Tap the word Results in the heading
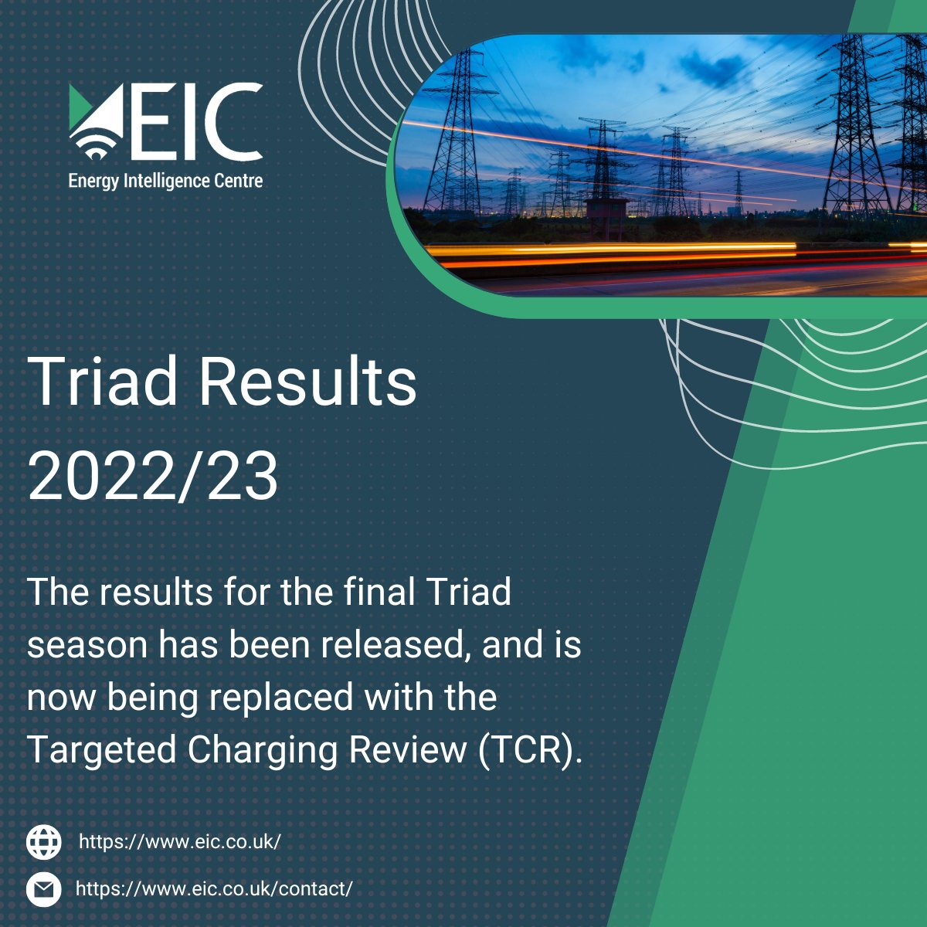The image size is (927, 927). point(309,382)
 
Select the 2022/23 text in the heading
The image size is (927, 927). point(153,477)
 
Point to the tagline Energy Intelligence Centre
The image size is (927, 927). point(165,182)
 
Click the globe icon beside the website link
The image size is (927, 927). point(44,841)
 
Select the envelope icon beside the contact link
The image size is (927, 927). point(44,889)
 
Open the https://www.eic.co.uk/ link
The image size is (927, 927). point(179,841)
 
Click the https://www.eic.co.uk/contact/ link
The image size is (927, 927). point(214,889)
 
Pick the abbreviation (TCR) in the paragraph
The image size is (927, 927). point(529,749)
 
